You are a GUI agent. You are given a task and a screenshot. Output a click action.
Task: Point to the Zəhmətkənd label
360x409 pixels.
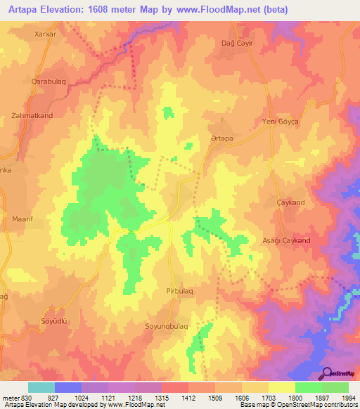point(32,115)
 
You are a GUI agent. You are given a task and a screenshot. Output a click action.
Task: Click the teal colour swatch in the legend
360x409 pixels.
point(41,387)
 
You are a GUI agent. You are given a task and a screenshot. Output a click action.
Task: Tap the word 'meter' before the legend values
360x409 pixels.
point(9,397)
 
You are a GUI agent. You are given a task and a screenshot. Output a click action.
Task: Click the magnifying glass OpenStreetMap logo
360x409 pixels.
point(326,373)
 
